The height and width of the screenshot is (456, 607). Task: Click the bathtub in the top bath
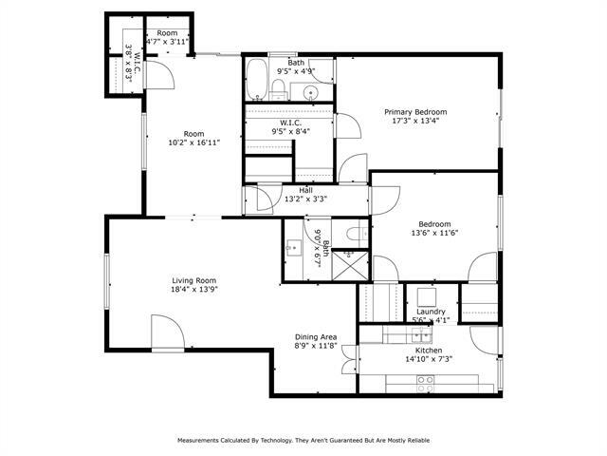pyautogui.click(x=256, y=81)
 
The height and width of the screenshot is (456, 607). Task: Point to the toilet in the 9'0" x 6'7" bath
pyautogui.click(x=353, y=233)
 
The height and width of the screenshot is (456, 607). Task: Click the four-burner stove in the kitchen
pyautogui.click(x=426, y=382)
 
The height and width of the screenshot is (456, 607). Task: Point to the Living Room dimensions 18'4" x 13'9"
pyautogui.click(x=194, y=291)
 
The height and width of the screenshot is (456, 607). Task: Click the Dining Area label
pyautogui.click(x=315, y=337)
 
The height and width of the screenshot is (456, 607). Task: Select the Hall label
pyautogui.click(x=306, y=190)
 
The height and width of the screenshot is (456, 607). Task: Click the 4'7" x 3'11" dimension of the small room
pyautogui.click(x=168, y=42)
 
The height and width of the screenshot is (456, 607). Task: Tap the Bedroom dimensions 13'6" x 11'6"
pyautogui.click(x=434, y=234)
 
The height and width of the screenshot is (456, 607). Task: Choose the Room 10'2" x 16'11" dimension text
pyautogui.click(x=194, y=142)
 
